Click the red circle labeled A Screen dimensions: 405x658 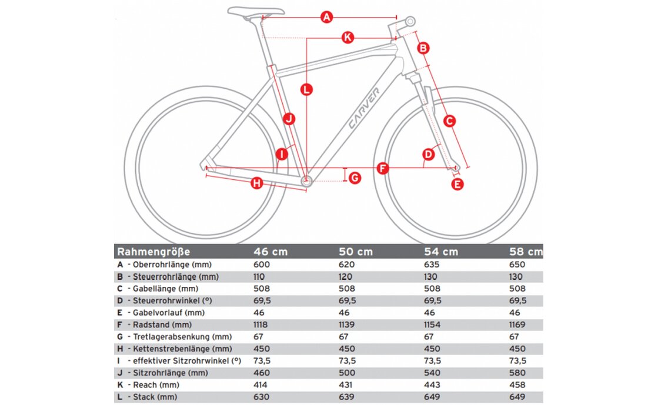tap(328, 17)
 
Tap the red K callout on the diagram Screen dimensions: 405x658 tap(348, 38)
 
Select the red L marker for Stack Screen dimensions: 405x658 tap(306, 90)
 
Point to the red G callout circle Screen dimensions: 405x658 tap(355, 178)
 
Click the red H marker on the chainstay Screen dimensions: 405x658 tap(256, 183)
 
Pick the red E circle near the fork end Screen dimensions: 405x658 tap(457, 184)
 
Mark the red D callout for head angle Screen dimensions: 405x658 tap(429, 155)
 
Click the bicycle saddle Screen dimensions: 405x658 tap(256, 11)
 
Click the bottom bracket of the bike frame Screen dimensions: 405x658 tap(306, 183)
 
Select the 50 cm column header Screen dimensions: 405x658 tap(356, 252)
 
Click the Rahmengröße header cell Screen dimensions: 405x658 tap(153, 252)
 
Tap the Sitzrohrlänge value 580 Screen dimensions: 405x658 tap(517, 373)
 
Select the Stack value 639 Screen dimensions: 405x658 tap(347, 397)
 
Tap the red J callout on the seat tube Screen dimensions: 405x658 tap(288, 119)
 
